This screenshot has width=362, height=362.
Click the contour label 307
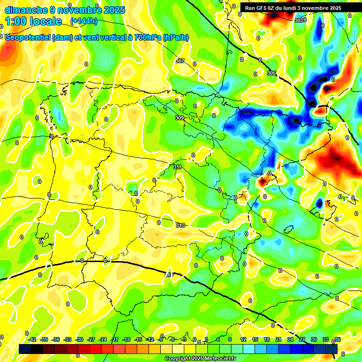click(180, 61)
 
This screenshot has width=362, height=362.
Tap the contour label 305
click(271, 73)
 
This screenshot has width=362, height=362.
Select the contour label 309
click(179, 118)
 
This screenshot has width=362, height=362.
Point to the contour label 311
click(177, 167)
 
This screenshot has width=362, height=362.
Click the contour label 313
click(181, 225)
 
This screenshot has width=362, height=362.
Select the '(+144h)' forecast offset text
click(84, 21)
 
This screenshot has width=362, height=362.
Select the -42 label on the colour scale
click(33, 339)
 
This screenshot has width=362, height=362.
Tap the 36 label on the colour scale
click(337, 339)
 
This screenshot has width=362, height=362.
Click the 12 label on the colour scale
click(243, 339)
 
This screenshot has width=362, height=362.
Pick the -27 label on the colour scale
click(91, 339)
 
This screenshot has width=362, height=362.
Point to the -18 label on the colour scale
click(126, 339)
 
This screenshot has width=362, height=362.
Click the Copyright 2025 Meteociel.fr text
click(200, 358)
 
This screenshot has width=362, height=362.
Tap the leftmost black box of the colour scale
click(25, 349)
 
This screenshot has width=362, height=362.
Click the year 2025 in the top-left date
click(114, 10)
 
